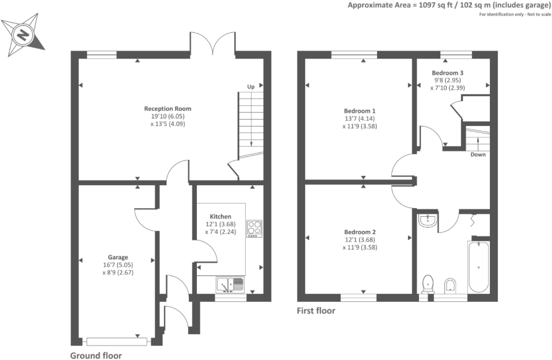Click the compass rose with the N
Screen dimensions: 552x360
(23, 35)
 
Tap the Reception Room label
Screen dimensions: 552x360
(168, 109)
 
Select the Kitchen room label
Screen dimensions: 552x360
(220, 217)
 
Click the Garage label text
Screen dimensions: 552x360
(118, 257)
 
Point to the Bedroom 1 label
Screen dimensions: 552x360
(359, 111)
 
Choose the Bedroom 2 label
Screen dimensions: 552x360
(360, 232)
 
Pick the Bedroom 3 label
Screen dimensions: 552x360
(447, 73)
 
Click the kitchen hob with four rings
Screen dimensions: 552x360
(254, 228)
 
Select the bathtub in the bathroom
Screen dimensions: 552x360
(479, 267)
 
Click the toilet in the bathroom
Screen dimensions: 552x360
(428, 284)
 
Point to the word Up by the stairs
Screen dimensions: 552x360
(250, 86)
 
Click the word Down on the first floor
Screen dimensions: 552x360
(478, 154)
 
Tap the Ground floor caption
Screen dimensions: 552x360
(96, 355)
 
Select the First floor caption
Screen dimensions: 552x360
(316, 311)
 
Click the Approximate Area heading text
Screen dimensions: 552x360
(450, 5)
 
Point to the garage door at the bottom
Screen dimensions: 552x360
(116, 342)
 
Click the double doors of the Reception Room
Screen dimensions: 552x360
(212, 44)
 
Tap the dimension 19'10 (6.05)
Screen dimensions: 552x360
(168, 116)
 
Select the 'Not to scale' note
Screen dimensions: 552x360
(539, 14)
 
